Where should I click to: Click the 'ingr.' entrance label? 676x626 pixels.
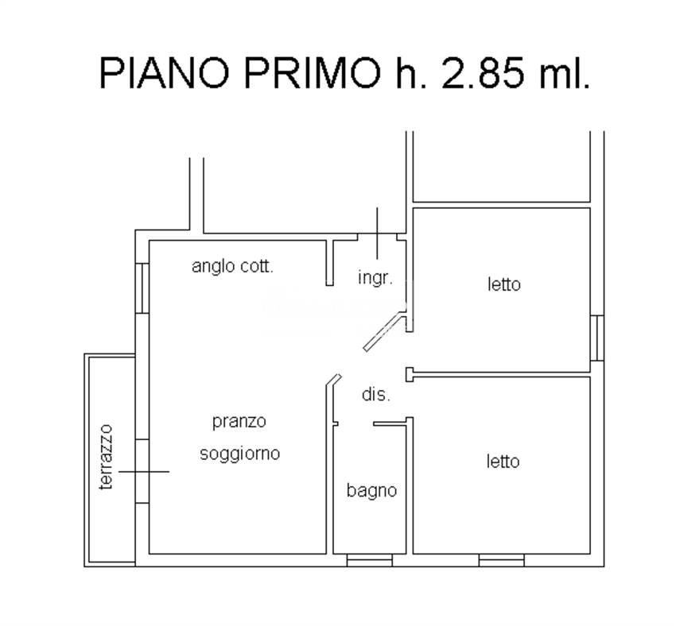pyautogui.click(x=375, y=279)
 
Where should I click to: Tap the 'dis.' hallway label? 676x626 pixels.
pyautogui.click(x=375, y=394)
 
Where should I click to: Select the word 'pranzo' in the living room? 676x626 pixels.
pyautogui.click(x=239, y=422)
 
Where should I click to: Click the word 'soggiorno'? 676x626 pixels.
pyautogui.click(x=239, y=454)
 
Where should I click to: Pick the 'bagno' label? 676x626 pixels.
pyautogui.click(x=371, y=491)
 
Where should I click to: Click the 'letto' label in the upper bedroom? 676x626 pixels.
pyautogui.click(x=503, y=284)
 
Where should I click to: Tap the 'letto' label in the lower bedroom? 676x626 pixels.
pyautogui.click(x=503, y=461)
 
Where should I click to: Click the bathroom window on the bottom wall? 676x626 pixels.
pyautogui.click(x=370, y=560)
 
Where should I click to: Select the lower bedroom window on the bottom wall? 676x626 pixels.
pyautogui.click(x=501, y=560)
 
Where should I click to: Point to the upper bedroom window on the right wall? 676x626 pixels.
pyautogui.click(x=596, y=338)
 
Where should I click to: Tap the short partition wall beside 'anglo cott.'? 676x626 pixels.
pyautogui.click(x=329, y=261)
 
